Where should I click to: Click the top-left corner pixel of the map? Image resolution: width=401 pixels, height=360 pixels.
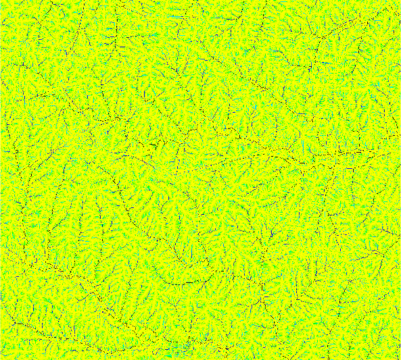pos(0,0)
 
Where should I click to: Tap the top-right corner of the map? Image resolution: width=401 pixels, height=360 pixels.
pos(400,0)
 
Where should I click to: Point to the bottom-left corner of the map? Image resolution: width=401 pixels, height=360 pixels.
pos(0,359)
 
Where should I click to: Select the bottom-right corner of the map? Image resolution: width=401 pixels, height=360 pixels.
pos(400,359)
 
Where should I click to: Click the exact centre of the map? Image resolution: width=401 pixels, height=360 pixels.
pos(200,180)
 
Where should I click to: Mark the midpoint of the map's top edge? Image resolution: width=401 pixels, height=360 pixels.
pos(200,0)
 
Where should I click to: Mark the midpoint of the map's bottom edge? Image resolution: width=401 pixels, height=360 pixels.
pos(200,359)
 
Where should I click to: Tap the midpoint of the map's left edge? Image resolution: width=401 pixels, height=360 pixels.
pos(0,180)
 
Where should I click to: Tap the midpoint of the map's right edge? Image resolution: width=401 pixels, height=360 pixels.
pos(400,180)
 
